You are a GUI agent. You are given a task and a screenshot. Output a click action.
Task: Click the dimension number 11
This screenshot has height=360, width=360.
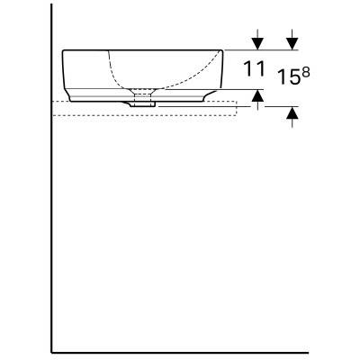255,68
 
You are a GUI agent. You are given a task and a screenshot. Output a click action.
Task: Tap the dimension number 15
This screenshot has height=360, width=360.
289,76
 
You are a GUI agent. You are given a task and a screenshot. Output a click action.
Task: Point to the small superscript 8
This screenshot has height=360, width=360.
305,73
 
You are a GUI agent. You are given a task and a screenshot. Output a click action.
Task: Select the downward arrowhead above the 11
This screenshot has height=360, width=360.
257,44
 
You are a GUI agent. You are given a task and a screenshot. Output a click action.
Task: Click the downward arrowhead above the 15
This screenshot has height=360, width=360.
292,44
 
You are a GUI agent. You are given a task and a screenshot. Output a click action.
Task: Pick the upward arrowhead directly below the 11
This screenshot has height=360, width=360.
257,95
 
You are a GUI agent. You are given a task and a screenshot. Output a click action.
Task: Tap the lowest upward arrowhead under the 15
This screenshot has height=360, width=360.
292,112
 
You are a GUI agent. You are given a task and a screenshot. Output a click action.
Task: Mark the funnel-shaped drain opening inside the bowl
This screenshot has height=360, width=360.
143,91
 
